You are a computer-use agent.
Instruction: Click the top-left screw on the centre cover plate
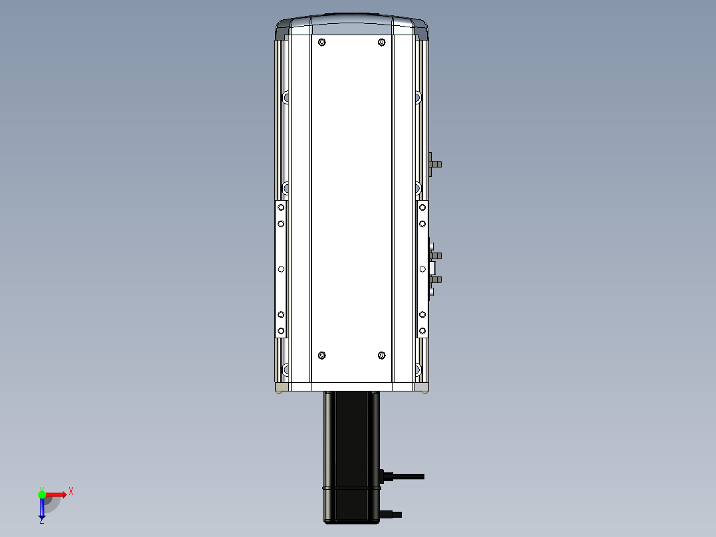322,43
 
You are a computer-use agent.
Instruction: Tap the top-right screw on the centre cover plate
382,43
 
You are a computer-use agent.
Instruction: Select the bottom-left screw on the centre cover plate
322,356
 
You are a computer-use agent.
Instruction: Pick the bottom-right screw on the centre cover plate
382,356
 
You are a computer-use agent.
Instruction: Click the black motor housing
351,457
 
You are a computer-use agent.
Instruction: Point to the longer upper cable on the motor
404,477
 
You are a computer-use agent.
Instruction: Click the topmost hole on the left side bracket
281,207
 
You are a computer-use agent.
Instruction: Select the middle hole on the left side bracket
281,269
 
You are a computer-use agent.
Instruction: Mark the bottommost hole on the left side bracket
281,331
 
